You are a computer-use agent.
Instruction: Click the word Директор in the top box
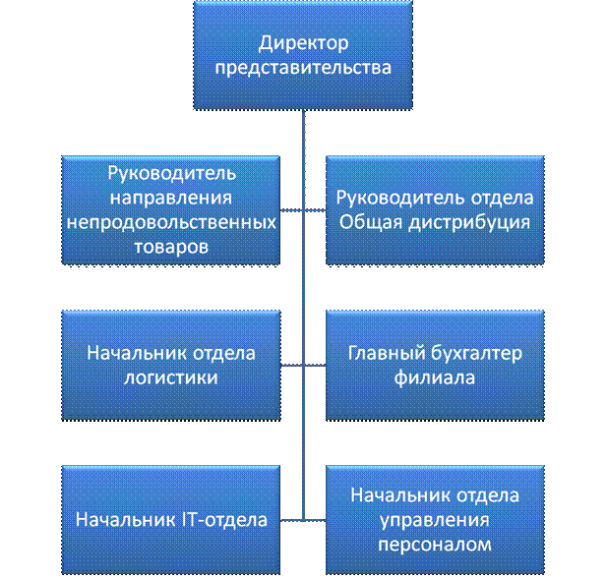[x=304, y=44]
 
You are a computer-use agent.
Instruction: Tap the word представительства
[x=304, y=68]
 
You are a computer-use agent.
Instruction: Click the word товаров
[x=171, y=246]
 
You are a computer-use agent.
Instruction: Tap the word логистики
[x=171, y=377]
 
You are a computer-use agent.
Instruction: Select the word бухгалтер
[x=477, y=354]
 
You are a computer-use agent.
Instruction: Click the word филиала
[x=436, y=377]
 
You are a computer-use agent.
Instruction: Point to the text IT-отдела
[x=218, y=519]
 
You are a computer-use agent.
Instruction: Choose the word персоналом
[x=436, y=544]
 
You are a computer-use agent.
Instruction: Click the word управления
[x=436, y=519]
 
